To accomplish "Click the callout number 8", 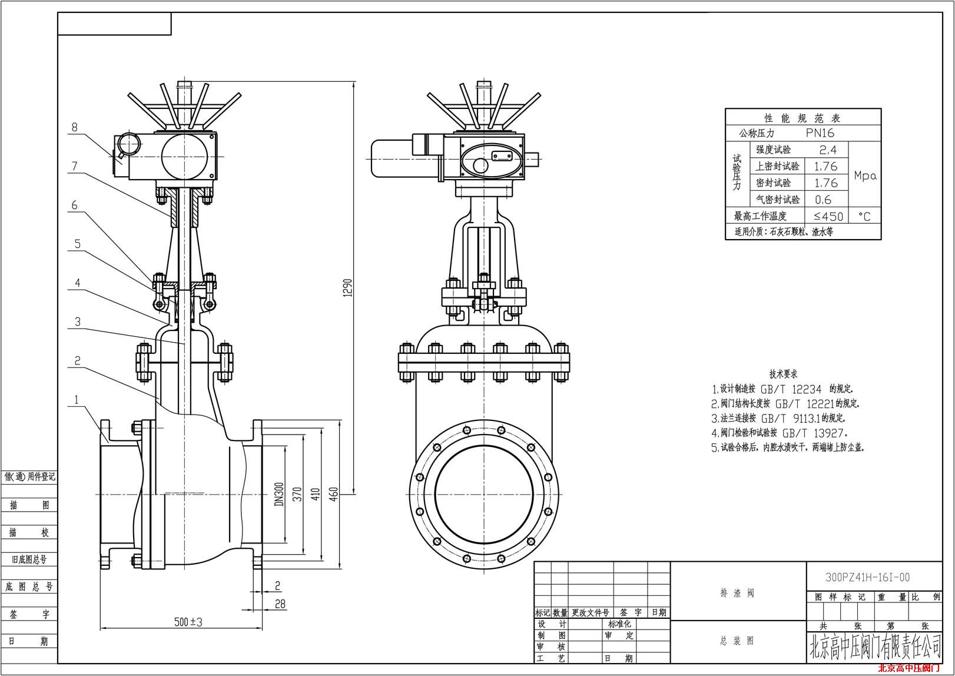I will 74,127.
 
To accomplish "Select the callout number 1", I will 77,400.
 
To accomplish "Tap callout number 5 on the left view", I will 77,243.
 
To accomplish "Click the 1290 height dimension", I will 347,288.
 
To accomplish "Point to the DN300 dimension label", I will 279,494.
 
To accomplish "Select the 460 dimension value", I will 333,494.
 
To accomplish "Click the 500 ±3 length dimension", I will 188,622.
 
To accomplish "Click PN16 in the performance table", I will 820,133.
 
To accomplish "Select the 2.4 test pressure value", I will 828,150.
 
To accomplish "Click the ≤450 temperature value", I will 828,217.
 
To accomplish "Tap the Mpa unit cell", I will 865,175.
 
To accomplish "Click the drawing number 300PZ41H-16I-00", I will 867,578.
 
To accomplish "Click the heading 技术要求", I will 783,374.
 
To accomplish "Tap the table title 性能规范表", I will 803,118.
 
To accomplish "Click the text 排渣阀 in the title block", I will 737,593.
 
